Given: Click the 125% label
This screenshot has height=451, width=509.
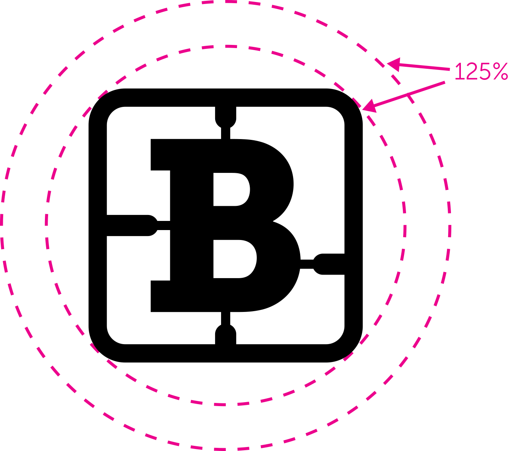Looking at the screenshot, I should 480,72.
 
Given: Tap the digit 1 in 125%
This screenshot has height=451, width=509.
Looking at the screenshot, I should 458,72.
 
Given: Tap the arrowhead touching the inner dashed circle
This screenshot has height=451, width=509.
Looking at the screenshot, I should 369,106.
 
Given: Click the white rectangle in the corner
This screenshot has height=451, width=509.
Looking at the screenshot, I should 458,429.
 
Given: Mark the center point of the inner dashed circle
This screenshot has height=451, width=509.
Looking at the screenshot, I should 225,225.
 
